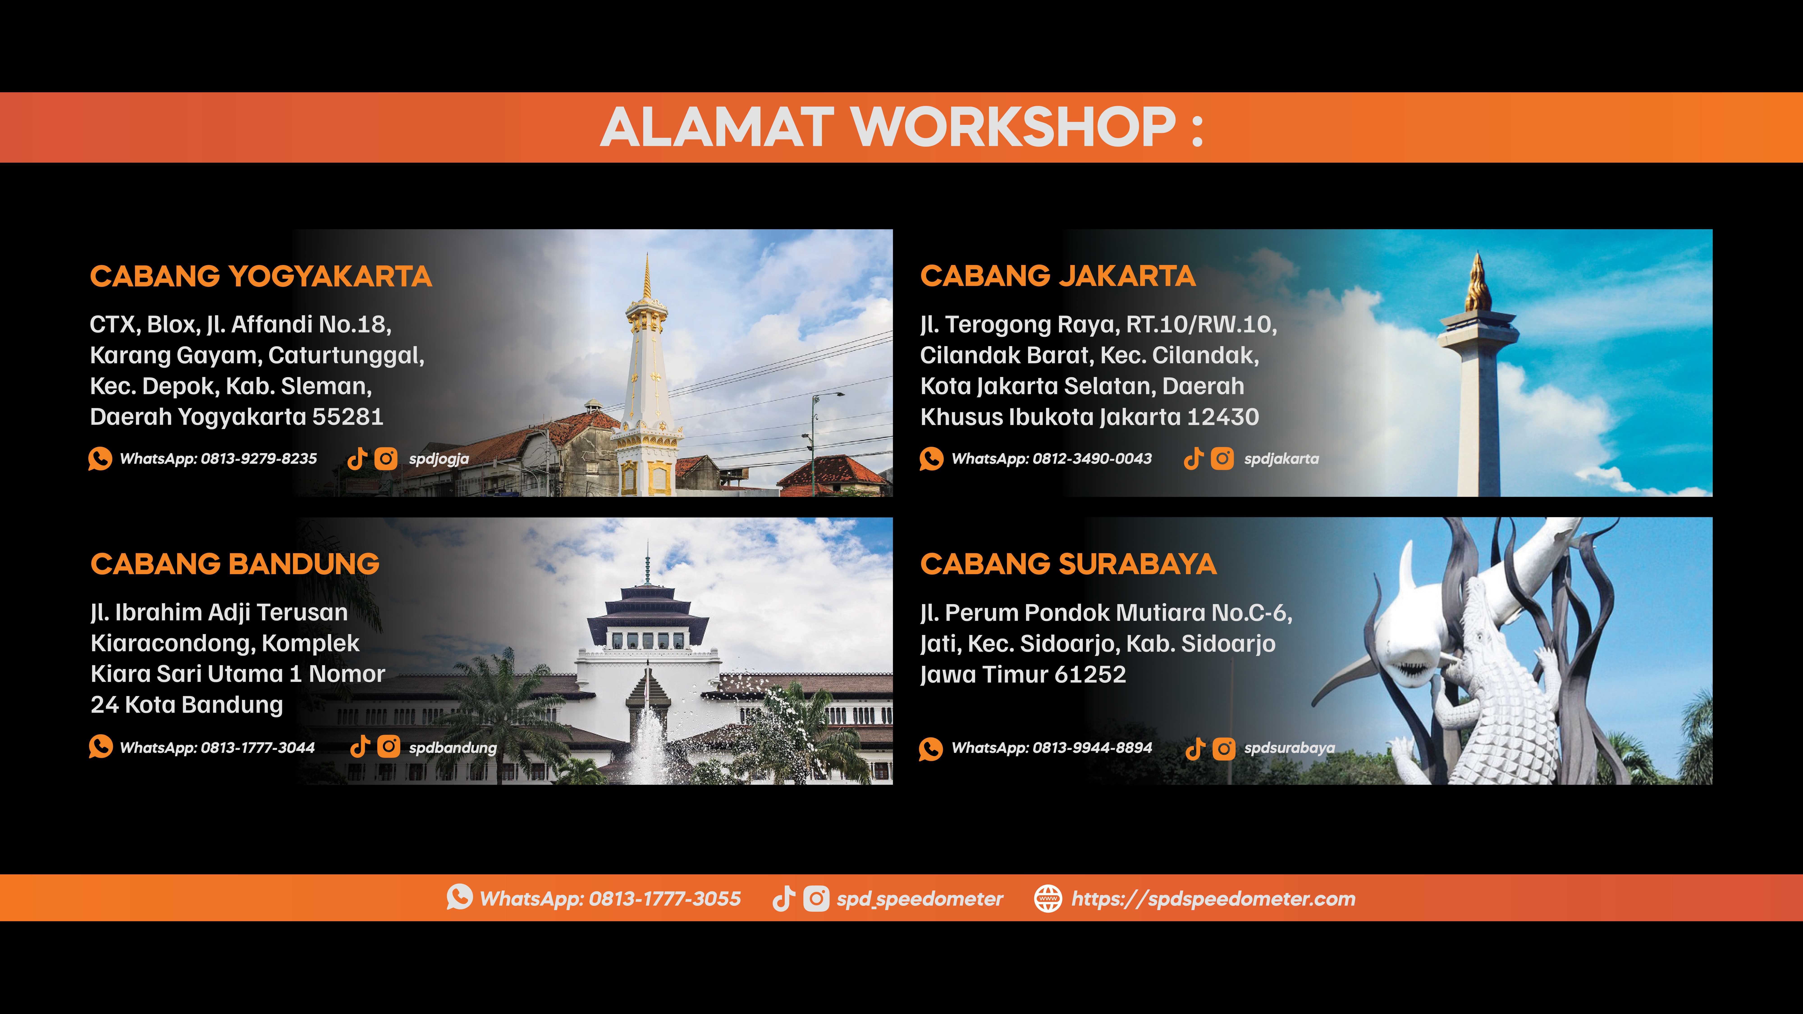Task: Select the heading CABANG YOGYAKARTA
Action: pos(260,276)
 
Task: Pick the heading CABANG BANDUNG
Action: pos(235,564)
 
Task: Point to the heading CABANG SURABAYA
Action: pos(1068,564)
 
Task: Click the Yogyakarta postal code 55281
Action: pos(348,417)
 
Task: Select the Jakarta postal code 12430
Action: pos(1223,417)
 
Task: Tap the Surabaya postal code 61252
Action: pos(1091,675)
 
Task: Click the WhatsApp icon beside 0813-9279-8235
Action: pos(100,459)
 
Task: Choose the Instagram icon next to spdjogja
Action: pos(386,459)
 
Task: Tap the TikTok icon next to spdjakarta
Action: pos(1193,459)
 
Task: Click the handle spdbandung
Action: pos(453,748)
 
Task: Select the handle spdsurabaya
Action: pos(1289,748)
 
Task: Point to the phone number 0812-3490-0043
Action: pos(1092,459)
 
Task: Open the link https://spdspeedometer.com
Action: pos(1213,899)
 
